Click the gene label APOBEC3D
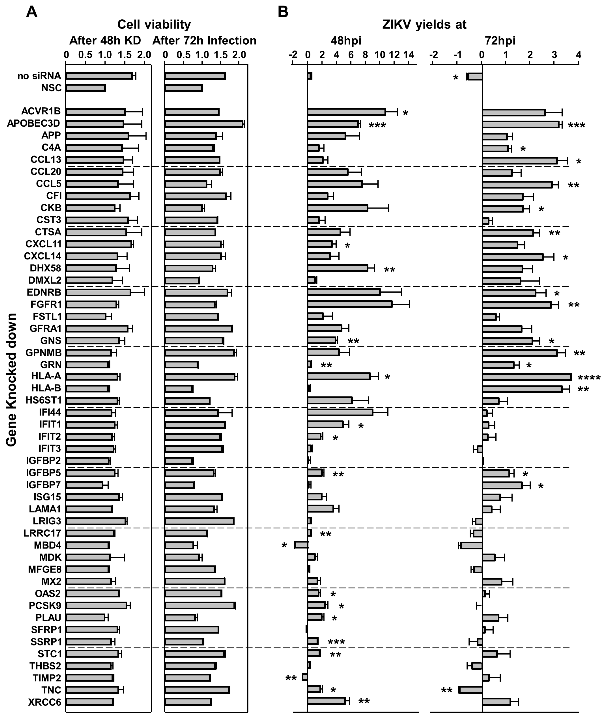tap(33, 123)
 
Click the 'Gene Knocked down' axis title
tap(11, 380)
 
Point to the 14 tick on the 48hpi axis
tap(409, 55)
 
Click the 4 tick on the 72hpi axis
tap(578, 55)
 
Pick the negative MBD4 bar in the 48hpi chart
tap(301, 545)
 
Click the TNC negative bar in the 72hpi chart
tap(470, 690)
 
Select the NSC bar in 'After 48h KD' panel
tap(86, 88)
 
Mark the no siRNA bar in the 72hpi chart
tap(475, 76)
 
